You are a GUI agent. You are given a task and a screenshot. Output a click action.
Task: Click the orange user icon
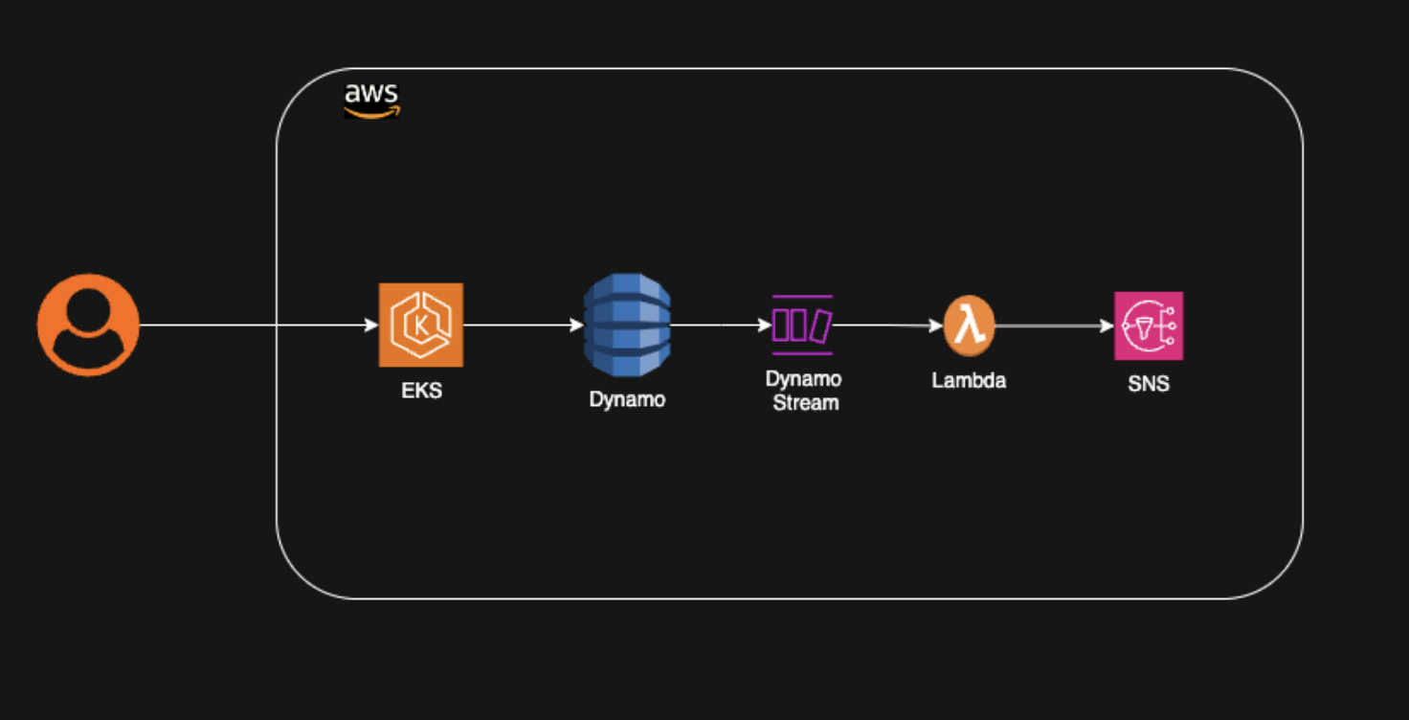coord(88,325)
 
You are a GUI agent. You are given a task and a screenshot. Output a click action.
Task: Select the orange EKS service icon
coord(421,325)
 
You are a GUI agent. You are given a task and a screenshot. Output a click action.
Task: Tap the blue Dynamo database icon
coord(627,325)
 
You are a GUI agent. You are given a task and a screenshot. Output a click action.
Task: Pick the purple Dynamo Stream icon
coord(803,325)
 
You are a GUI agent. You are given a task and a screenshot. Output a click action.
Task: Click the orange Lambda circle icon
coord(970,326)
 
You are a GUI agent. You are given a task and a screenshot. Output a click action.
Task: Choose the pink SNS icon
coord(1149,326)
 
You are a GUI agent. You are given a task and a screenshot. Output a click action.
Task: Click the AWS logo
coord(371,101)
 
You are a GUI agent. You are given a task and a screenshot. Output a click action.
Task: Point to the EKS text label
coord(421,391)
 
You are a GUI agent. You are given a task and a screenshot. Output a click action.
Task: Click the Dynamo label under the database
coord(627,399)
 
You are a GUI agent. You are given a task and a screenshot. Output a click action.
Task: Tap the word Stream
coord(806,403)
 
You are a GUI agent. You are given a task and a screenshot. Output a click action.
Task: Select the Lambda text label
coord(969,381)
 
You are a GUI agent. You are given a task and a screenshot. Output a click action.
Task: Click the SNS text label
coord(1149,383)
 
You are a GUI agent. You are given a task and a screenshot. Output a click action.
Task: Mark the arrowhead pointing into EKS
coord(371,325)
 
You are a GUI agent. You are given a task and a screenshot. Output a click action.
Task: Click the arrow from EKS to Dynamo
coord(524,325)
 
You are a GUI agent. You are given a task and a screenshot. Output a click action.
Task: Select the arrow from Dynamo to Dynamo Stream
coord(722,325)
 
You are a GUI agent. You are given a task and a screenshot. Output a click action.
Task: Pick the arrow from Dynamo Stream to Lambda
coord(888,326)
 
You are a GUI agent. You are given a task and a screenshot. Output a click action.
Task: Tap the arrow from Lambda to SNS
coord(1055,326)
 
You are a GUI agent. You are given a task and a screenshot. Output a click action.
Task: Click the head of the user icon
coord(88,310)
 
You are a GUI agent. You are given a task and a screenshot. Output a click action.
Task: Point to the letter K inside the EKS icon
coord(420,326)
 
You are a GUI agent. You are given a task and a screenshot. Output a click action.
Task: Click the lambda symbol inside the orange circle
coord(970,326)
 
